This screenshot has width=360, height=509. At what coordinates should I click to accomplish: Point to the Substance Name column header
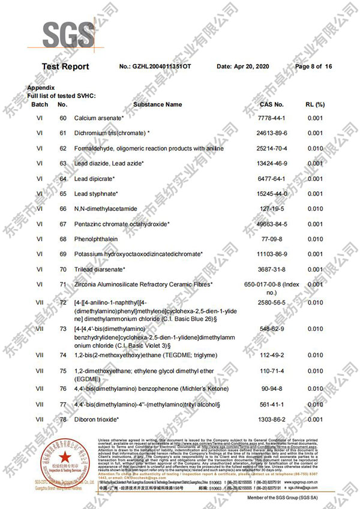[157, 104]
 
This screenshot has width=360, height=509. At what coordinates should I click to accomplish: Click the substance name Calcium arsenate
[99, 118]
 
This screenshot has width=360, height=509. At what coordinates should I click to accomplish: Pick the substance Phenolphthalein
[97, 239]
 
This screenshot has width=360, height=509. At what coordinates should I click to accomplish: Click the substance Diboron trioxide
[97, 419]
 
